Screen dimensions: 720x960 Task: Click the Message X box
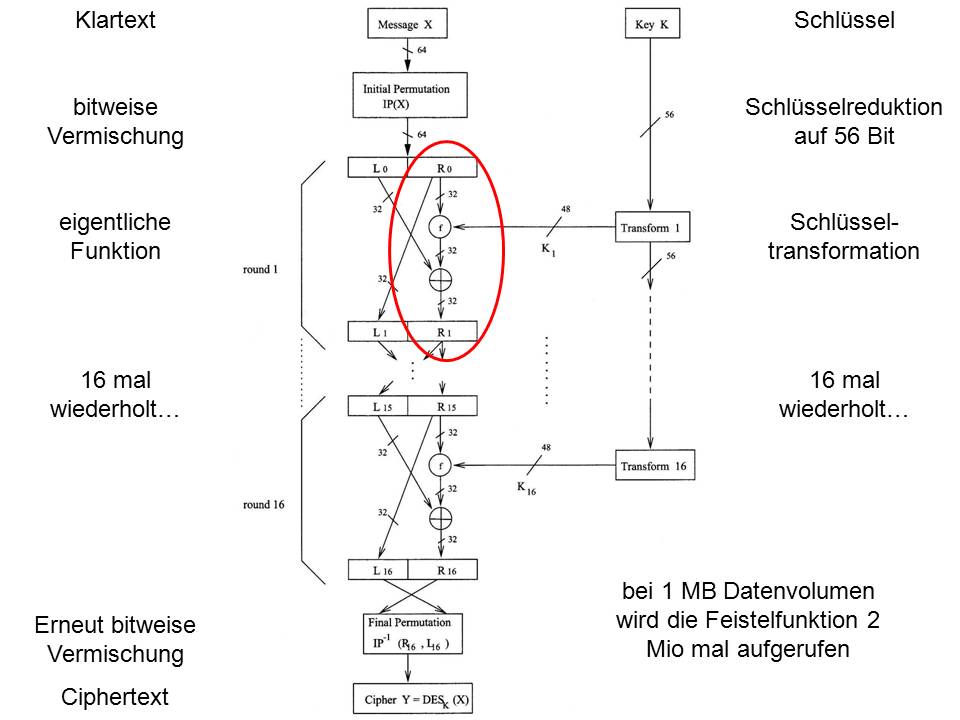[406, 22]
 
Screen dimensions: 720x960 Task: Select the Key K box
[650, 22]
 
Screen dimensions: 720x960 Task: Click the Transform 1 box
[650, 228]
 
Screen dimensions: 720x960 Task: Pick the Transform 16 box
[653, 465]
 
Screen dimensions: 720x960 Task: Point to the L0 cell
[380, 167]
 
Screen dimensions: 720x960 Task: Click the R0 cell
[443, 167]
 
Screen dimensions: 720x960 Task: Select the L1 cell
[380, 331]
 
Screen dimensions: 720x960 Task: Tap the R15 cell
[445, 406]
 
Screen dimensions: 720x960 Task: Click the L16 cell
[381, 570]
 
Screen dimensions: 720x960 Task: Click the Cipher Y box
[413, 698]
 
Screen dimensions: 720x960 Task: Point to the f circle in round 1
[439, 227]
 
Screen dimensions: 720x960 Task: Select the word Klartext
[115, 20]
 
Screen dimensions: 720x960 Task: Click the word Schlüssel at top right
[844, 20]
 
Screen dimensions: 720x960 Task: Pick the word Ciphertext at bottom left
[115, 696]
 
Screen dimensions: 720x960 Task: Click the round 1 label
[261, 270]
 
